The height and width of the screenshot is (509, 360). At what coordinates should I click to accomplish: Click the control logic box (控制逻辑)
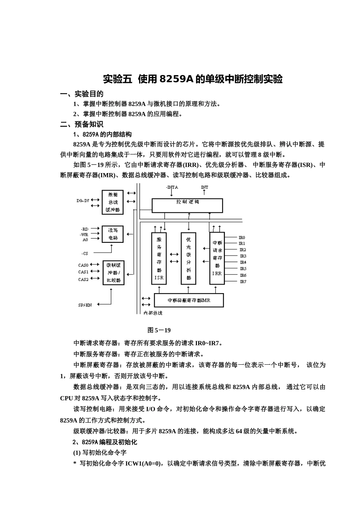pos(187,206)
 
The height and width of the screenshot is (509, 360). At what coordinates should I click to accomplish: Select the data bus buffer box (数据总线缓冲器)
pos(113,202)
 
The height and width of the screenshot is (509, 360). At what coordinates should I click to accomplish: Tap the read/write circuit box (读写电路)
pos(113,234)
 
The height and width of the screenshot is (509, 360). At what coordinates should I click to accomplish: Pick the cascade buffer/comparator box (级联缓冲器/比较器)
pos(113,273)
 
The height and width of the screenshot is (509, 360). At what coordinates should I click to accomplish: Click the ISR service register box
pos(159,258)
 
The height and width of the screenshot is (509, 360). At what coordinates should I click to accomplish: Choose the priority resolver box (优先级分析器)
pos(189,258)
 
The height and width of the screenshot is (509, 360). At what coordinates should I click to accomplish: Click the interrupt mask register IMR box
pos(189,300)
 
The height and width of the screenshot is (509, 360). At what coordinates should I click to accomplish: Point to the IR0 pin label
pos(242,237)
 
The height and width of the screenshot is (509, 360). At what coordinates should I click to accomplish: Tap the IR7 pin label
pos(243,282)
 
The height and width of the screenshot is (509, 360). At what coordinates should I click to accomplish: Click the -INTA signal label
pos(172,187)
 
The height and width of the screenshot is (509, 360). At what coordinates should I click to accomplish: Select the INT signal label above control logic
pos(204,187)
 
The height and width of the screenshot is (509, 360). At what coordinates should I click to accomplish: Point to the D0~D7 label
pos(83,201)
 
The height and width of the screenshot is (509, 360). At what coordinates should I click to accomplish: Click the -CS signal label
pos(85,253)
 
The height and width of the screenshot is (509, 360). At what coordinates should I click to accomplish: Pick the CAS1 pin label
pos(83,272)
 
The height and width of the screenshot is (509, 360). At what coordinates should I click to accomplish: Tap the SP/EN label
pos(85,305)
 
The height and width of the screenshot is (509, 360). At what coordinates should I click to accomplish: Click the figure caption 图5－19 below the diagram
pos(159,330)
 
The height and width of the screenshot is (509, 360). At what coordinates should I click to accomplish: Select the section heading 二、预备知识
pos(82,124)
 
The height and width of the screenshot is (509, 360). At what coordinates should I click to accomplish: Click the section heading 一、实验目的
pos(82,94)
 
